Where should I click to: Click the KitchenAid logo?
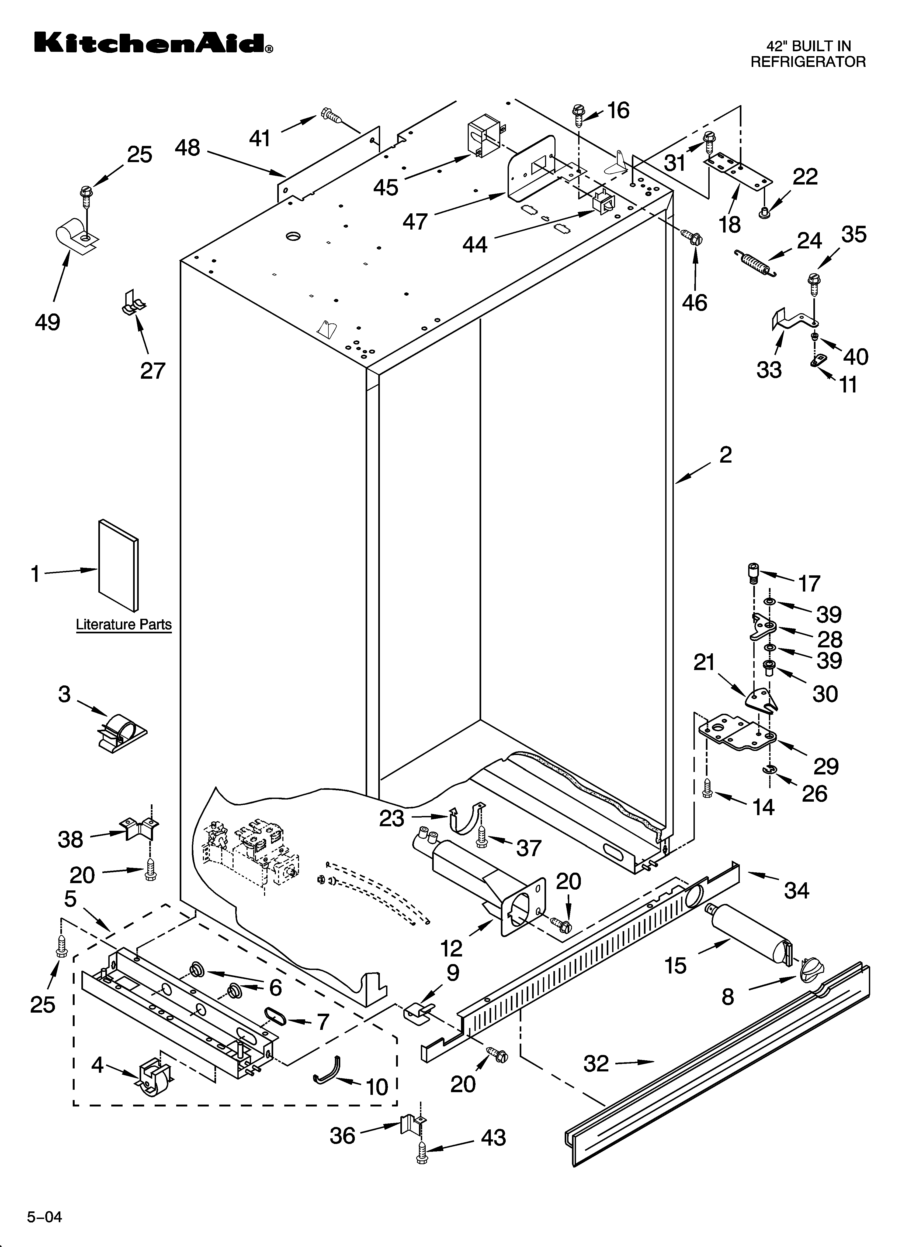pos(153,43)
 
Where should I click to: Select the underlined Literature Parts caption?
pos(124,625)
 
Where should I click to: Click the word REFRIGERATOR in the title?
pos(807,62)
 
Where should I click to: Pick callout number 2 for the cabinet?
pos(725,455)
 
